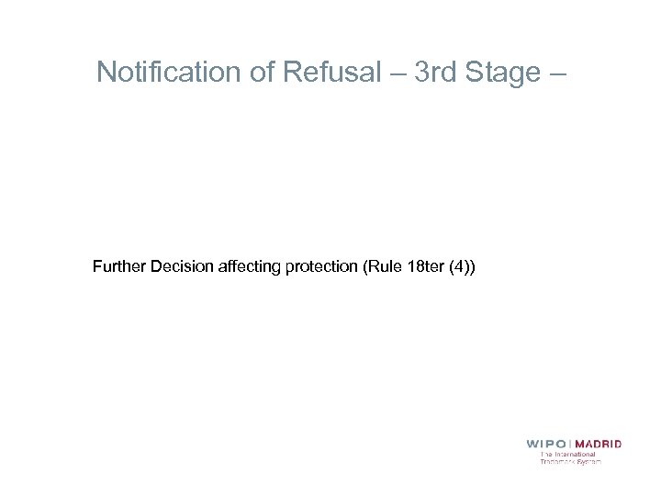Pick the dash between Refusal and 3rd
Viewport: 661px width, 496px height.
coord(398,73)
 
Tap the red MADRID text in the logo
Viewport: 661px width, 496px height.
coord(599,444)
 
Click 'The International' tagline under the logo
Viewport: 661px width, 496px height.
coord(567,454)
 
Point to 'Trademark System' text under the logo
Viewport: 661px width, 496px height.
coord(570,461)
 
